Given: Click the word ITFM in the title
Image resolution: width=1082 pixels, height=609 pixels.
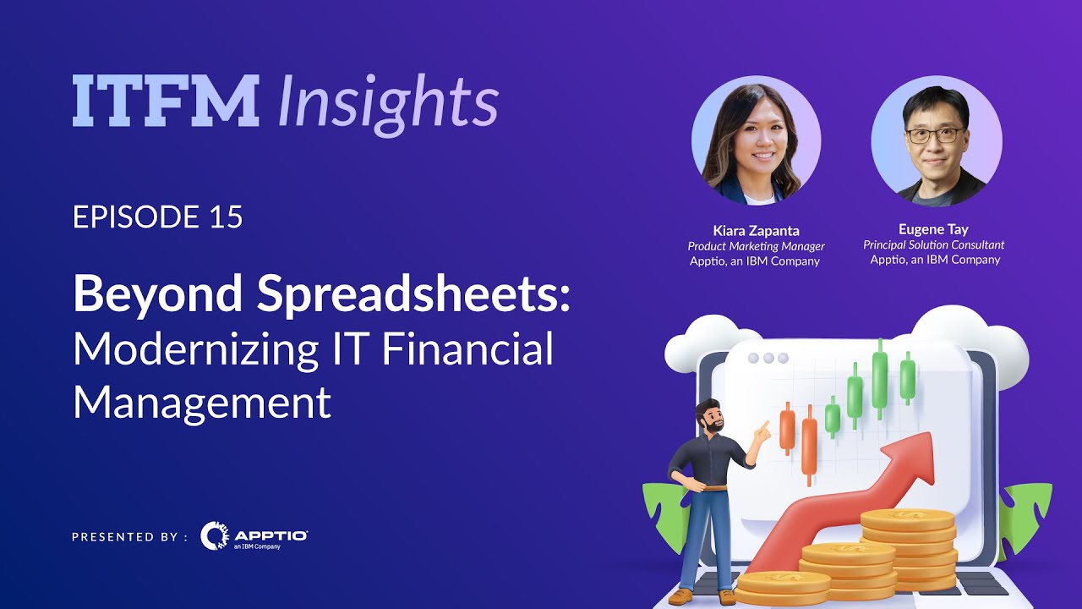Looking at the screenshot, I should tap(165, 101).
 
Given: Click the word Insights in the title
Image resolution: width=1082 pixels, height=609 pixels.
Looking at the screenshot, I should tap(388, 103).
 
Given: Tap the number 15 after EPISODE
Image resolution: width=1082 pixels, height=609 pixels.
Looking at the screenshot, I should tap(225, 217).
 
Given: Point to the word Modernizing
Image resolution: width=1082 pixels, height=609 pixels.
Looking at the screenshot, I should tap(194, 348).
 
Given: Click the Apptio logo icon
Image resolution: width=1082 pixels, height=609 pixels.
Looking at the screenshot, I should tap(214, 535).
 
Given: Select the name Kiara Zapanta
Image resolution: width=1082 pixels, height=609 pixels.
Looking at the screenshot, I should tap(756, 230).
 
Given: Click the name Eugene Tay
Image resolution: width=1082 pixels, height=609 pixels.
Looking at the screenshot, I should tap(933, 229).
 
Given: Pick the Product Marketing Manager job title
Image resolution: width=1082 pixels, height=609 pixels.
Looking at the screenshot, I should tap(756, 246).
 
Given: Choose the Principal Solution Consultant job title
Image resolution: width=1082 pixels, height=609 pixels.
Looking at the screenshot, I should tap(933, 245).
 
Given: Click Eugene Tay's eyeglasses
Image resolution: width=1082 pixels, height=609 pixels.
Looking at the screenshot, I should tap(934, 134).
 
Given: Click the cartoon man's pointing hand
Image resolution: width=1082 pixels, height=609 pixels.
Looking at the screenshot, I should tap(762, 432).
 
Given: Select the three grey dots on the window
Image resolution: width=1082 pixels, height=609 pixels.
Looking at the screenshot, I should tap(768, 358).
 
